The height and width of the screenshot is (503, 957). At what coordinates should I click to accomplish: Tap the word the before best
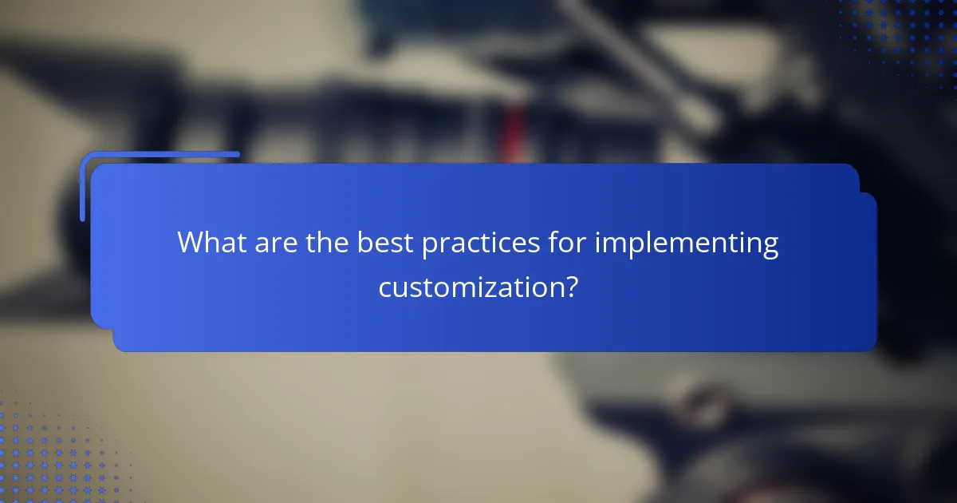coord(327,242)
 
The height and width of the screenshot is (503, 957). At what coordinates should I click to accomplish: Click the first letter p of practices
coord(430,245)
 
